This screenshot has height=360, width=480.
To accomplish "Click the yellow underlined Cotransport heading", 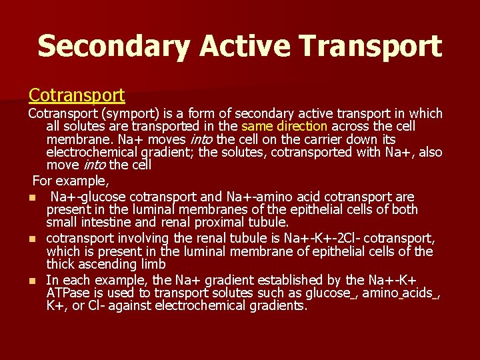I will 76,95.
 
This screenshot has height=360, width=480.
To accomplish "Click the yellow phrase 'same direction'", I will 284,127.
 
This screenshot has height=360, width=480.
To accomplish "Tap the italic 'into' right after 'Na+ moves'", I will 203,139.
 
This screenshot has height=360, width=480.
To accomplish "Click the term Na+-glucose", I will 89,197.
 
